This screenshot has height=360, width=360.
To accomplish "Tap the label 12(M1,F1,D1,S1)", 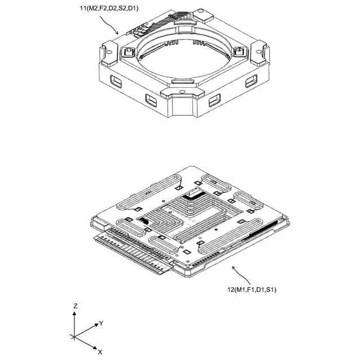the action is (x=251, y=290).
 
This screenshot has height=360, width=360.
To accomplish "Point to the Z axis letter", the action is (x=75, y=305).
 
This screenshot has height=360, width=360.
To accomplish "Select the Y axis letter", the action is (x=101, y=323).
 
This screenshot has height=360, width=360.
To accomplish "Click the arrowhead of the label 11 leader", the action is (x=118, y=33).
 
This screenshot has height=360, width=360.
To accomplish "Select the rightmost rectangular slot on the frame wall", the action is (x=251, y=82).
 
